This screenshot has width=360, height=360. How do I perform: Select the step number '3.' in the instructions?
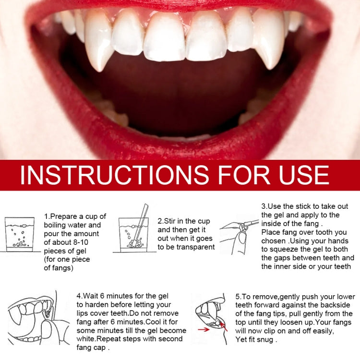coord(264,206)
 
